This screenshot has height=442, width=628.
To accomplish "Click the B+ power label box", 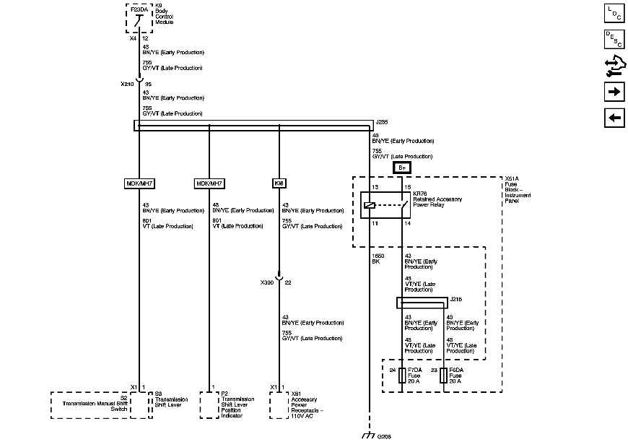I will tap(403, 168).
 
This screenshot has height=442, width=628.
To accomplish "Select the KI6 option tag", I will tap(279, 183).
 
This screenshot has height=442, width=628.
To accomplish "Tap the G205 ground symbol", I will tap(369, 435).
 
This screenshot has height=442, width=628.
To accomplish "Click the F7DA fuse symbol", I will tap(401, 376).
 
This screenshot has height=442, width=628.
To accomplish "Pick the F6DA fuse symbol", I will tap(443, 376).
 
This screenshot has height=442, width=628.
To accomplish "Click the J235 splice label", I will tap(382, 123).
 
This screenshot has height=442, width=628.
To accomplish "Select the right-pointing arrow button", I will tap(614, 92).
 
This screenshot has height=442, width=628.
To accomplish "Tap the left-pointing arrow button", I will tap(614, 118).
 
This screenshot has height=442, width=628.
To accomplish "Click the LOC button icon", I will tap(614, 13).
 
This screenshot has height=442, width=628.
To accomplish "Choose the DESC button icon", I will tap(614, 40).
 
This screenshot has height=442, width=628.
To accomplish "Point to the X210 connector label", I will tap(126, 84).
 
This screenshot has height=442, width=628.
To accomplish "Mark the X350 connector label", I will tap(267, 282).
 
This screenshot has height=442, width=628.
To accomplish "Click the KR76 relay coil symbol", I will tap(370, 206).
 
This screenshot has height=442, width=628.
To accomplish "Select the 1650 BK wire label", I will tap(377, 259).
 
